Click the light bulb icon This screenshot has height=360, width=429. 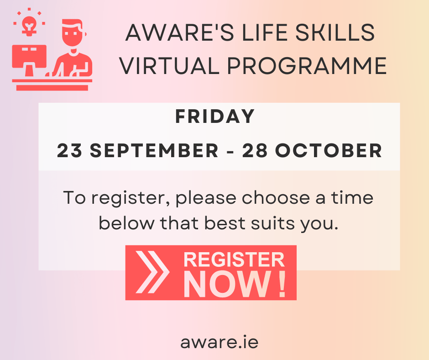click(x=29, y=26)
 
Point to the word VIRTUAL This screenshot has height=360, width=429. click(x=169, y=66)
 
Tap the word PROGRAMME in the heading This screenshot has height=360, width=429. click(x=307, y=66)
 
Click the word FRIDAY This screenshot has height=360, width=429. click(x=215, y=116)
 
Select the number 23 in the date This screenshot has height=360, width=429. click(x=69, y=150)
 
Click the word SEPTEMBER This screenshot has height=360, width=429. click(x=154, y=150)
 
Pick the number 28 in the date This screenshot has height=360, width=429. click(x=255, y=150)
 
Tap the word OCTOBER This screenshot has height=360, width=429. click(x=329, y=150)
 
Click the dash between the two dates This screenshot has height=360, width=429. click(x=230, y=151)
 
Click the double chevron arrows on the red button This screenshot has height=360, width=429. click(x=153, y=272)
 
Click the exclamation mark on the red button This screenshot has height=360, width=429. click(x=282, y=284)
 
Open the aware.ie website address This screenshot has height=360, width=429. click(x=219, y=342)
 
